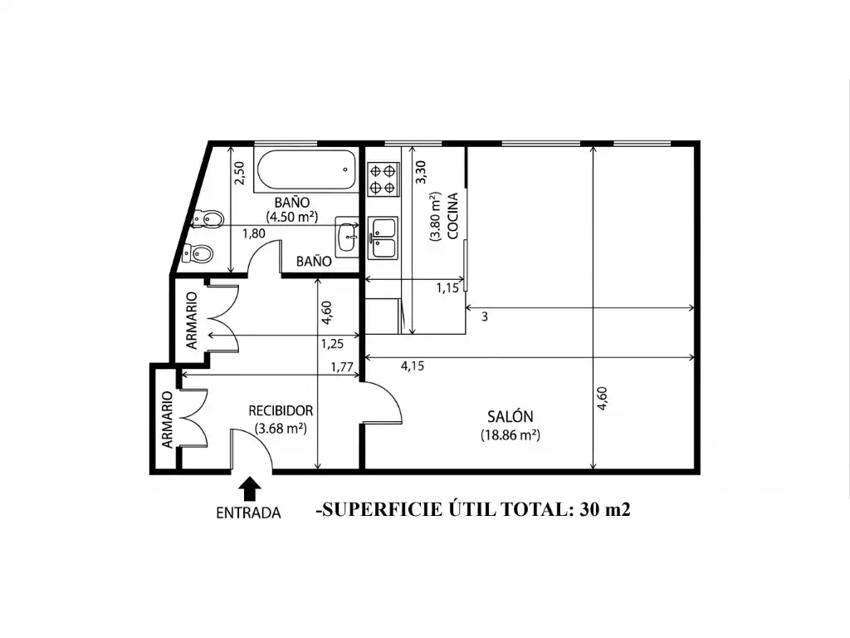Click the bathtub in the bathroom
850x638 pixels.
pyautogui.click(x=307, y=170)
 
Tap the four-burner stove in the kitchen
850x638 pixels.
pyautogui.click(x=383, y=179)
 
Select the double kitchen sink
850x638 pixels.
pyautogui.click(x=383, y=238)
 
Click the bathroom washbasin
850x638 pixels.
pyautogui.click(x=347, y=237)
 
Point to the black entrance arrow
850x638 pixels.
pyautogui.click(x=249, y=488)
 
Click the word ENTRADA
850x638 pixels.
pyautogui.click(x=249, y=513)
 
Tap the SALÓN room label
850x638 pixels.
pyautogui.click(x=510, y=417)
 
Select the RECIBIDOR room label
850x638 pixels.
pyautogui.click(x=281, y=410)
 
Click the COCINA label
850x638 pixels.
pyautogui.click(x=452, y=216)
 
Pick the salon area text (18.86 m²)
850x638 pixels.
pyautogui.click(x=510, y=435)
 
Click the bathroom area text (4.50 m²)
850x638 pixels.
pyautogui.click(x=291, y=217)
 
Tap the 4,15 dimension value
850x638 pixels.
pyautogui.click(x=413, y=366)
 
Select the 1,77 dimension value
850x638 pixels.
pyautogui.click(x=342, y=367)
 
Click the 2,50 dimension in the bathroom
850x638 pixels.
pyautogui.click(x=239, y=173)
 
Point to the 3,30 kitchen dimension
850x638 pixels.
pyautogui.click(x=421, y=172)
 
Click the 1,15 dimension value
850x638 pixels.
pyautogui.click(x=447, y=288)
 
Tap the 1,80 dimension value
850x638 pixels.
pyautogui.click(x=254, y=233)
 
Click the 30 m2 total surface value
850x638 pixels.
pyautogui.click(x=605, y=509)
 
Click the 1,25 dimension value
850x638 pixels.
pyautogui.click(x=332, y=344)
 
